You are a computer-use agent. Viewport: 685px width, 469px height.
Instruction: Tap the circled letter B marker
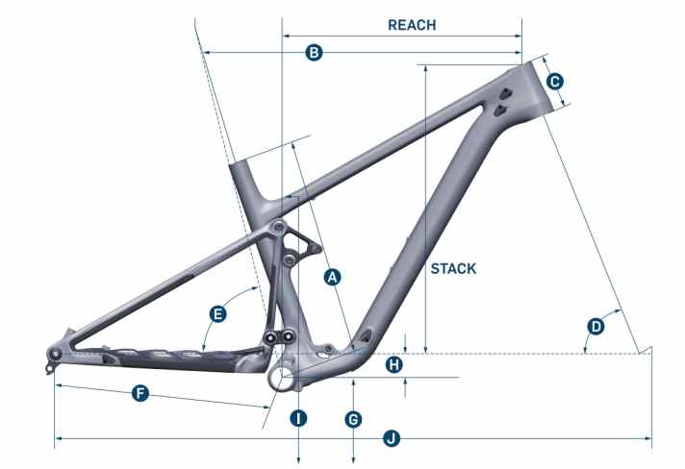(x=313, y=52)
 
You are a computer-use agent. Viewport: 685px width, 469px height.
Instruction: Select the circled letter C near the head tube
(x=556, y=82)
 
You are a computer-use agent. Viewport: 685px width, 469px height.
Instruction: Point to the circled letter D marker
(x=596, y=327)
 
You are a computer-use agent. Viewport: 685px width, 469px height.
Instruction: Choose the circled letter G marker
(x=354, y=419)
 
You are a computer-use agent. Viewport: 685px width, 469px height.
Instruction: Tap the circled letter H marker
(x=393, y=365)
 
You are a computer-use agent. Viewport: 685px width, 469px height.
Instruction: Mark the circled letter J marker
(x=391, y=439)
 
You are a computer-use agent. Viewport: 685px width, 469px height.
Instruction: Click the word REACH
(x=412, y=25)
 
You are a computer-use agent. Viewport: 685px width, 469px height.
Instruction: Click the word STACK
(x=453, y=269)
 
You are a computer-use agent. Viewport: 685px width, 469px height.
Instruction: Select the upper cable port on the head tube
(x=503, y=93)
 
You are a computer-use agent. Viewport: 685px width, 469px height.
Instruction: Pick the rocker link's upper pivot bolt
(x=278, y=228)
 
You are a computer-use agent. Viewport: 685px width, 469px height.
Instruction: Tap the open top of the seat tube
(x=243, y=165)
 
